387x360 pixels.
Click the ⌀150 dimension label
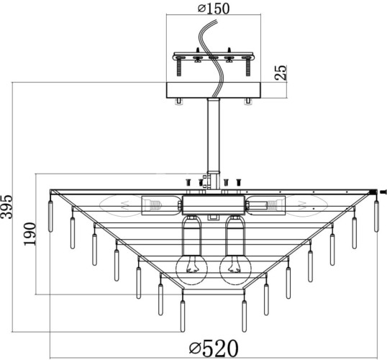pyautogui.click(x=214, y=9)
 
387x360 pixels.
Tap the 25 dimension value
pyautogui.click(x=281, y=73)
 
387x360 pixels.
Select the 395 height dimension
pyautogui.click(x=6, y=207)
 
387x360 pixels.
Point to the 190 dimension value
pyautogui.click(x=30, y=234)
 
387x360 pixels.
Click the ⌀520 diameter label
pyautogui.click(x=214, y=348)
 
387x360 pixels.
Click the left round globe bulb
pyautogui.click(x=191, y=269)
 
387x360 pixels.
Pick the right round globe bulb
pyautogui.click(x=235, y=269)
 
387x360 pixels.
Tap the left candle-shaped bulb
pyautogui.click(x=120, y=206)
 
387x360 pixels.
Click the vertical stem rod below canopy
pyautogui.click(x=214, y=135)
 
